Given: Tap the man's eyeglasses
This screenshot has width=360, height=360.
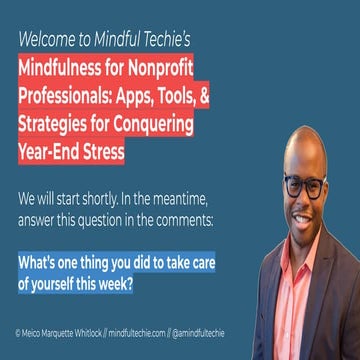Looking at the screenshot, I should click(301, 186).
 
